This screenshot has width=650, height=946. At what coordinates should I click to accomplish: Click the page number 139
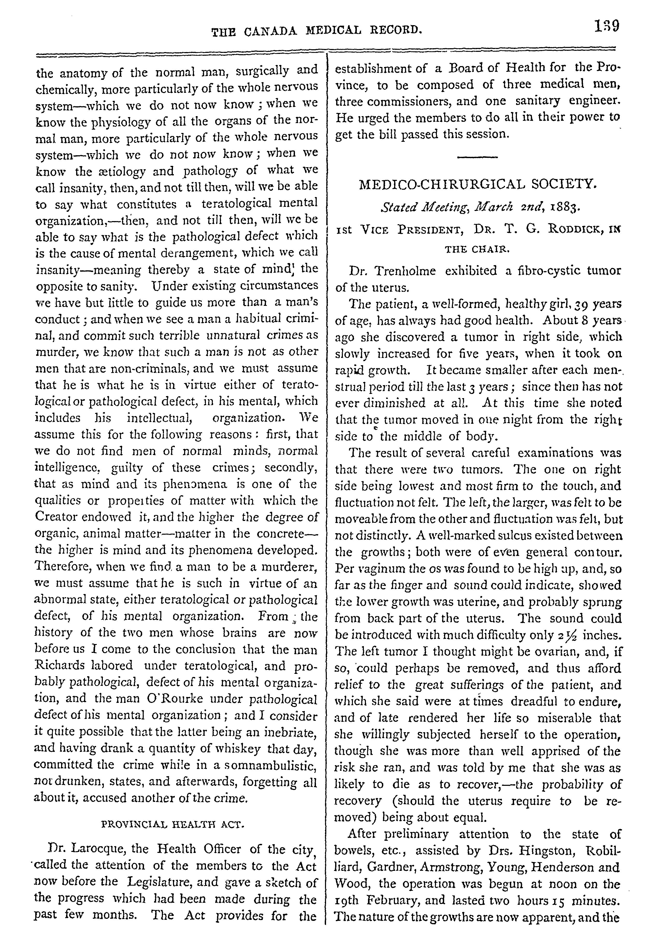click(x=606, y=27)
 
